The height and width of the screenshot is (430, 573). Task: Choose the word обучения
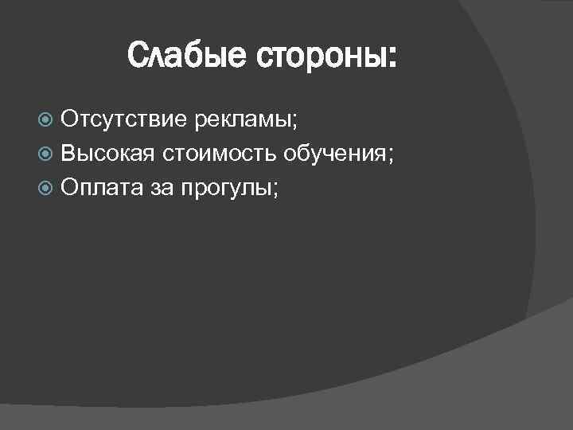[x=337, y=154]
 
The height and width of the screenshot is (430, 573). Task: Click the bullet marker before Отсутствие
[x=46, y=121]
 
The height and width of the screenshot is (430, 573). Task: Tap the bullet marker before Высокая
[x=46, y=154]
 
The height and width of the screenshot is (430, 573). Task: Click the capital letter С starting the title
[x=137, y=57]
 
